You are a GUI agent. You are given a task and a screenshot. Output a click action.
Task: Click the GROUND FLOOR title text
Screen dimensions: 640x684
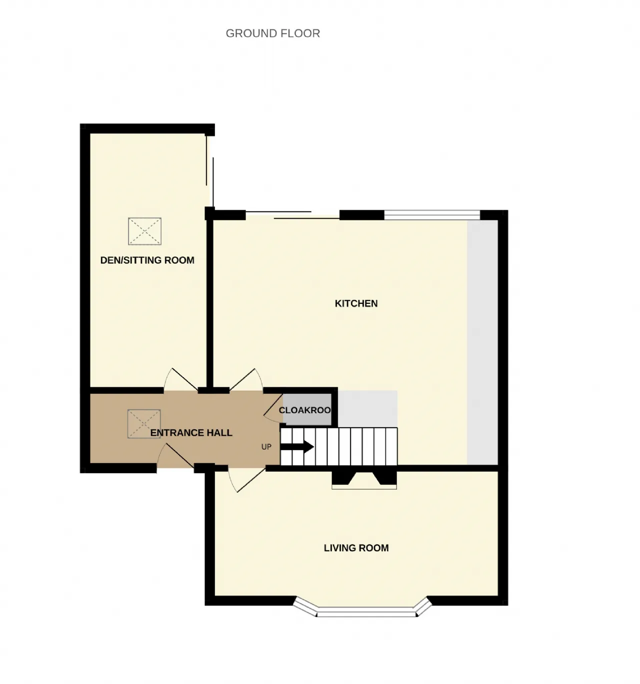[273, 33]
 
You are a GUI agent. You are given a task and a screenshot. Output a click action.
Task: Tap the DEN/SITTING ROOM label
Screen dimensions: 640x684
[147, 260]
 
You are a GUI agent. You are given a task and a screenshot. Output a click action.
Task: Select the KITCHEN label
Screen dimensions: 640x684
[356, 303]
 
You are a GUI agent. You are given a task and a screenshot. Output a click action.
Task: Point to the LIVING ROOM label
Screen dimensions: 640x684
[356, 548]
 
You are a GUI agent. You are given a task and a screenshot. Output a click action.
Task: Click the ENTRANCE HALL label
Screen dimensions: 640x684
[191, 433]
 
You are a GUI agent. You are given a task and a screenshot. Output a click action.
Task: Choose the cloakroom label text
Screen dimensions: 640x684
[305, 410]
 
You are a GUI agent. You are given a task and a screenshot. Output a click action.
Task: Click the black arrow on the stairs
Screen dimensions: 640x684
[297, 447]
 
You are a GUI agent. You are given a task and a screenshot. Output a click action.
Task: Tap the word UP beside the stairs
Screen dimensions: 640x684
[266, 447]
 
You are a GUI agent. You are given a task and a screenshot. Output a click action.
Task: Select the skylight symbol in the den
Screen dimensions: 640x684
[145, 231]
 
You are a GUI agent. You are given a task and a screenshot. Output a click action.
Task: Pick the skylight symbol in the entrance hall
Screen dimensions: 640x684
[144, 424]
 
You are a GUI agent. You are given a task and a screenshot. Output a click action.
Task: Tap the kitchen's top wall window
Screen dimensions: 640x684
[432, 214]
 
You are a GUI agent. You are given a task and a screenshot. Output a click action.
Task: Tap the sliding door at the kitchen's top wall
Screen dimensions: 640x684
[292, 215]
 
